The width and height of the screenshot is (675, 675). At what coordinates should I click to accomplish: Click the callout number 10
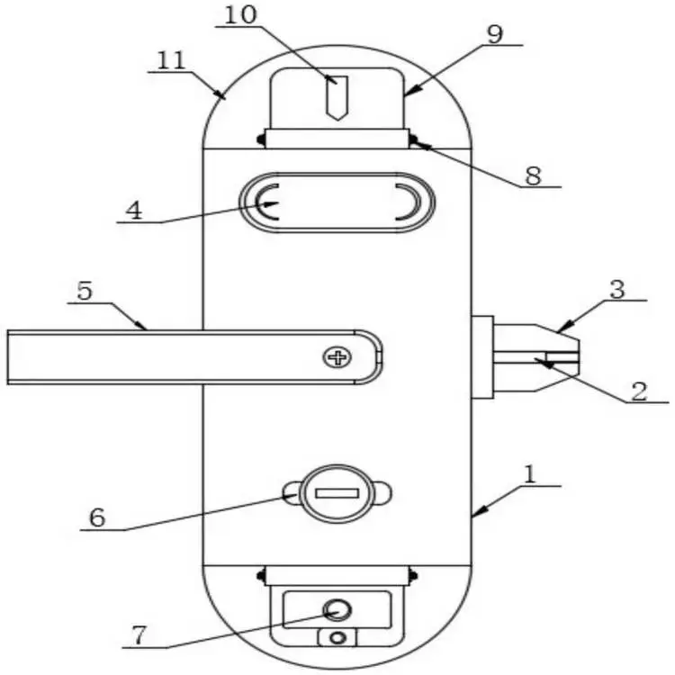click(x=240, y=15)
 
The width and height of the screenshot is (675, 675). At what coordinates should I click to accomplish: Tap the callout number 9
click(x=495, y=34)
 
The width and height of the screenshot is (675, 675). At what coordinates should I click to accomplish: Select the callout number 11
click(x=171, y=60)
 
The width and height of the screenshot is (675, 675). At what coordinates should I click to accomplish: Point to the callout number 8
click(x=533, y=175)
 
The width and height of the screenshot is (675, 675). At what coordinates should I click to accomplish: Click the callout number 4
click(x=134, y=211)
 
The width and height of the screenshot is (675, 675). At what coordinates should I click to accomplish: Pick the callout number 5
click(x=85, y=291)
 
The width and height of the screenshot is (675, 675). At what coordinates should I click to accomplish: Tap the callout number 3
click(x=617, y=289)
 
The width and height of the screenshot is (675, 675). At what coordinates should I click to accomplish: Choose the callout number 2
click(x=639, y=391)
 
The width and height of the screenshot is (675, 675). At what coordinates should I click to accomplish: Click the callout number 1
click(x=530, y=475)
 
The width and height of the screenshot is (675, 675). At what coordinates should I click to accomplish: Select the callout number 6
click(x=97, y=517)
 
